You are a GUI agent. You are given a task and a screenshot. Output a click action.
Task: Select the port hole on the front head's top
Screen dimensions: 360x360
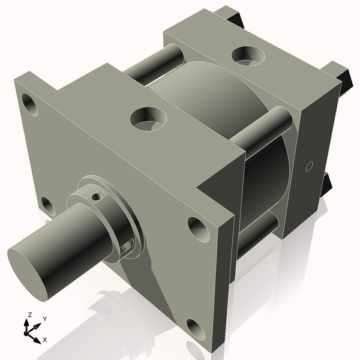(148, 118)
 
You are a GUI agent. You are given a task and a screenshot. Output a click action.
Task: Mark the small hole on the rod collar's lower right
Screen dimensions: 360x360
(127, 245)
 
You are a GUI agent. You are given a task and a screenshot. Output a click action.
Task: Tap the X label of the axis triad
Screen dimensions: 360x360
(44, 340)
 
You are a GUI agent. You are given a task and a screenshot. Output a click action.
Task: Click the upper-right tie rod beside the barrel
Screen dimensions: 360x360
(264, 127)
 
